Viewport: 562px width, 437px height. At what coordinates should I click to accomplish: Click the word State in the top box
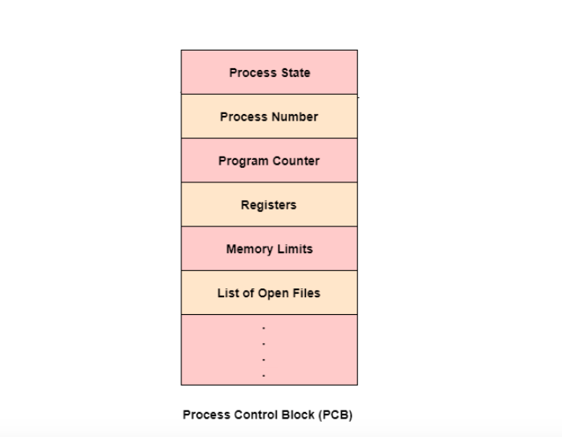click(293, 72)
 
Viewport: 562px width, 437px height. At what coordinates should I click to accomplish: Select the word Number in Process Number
click(294, 116)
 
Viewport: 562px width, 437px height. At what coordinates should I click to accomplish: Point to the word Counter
click(295, 161)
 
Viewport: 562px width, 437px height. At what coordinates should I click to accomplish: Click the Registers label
click(269, 205)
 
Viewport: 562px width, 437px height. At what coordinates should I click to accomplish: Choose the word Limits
click(295, 249)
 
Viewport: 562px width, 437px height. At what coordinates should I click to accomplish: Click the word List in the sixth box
click(228, 293)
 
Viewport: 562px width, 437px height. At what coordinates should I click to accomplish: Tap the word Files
click(304, 293)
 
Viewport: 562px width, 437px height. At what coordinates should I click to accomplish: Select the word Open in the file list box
click(271, 293)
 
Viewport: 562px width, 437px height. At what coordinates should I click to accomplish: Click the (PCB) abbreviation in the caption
click(336, 415)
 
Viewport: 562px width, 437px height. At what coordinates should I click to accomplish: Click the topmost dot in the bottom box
click(263, 328)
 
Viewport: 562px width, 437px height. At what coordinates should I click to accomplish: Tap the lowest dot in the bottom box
click(263, 374)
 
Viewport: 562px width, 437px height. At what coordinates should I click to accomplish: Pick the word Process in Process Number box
click(244, 116)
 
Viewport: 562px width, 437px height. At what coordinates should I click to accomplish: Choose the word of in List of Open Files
click(248, 293)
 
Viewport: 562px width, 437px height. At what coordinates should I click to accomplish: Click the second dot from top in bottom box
click(263, 344)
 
